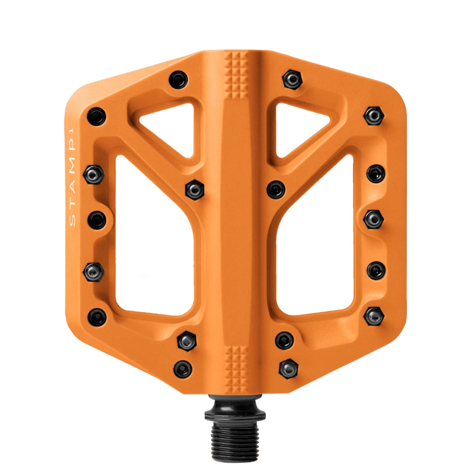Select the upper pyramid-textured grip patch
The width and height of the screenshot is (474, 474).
click(237, 75)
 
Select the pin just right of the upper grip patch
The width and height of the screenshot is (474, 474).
click(292, 79)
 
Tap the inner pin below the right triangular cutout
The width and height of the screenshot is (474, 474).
click(276, 189)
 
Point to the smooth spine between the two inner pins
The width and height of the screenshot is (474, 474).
click(236, 190)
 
